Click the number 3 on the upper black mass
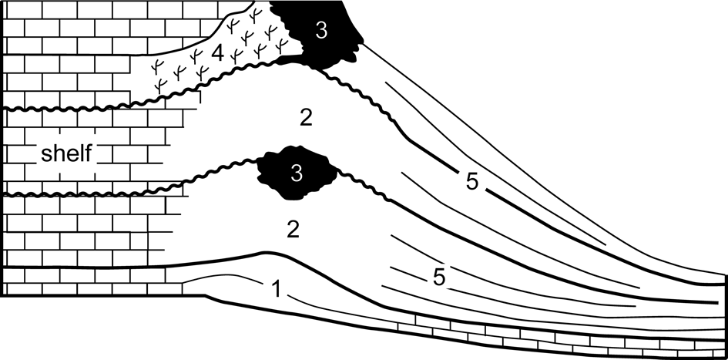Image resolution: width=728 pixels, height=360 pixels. click(320, 30)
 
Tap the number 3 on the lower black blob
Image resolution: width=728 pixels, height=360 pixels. click(297, 174)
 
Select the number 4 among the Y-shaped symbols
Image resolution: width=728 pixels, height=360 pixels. click(217, 55)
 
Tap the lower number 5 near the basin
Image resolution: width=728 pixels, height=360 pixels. click(438, 277)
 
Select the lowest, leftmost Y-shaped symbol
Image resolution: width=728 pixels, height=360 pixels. click(162, 83)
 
